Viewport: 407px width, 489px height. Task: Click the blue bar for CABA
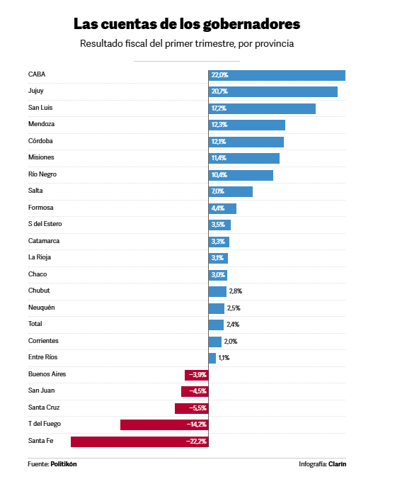pos(277,75)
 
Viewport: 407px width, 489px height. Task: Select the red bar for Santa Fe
pos(139,442)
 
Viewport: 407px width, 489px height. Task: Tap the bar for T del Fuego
pos(164,425)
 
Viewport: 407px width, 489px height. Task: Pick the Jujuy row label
pos(36,91)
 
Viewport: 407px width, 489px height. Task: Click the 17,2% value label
pos(219,108)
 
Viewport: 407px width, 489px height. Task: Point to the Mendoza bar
pos(247,125)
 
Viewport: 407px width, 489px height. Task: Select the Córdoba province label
pos(40,140)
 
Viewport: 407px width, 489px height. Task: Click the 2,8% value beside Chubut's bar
pos(236,291)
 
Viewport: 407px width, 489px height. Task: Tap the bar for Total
pos(216,325)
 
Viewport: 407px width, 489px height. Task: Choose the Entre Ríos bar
pos(212,358)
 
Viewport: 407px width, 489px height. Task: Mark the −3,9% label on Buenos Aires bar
pos(197,375)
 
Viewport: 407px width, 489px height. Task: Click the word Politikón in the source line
pos(64,464)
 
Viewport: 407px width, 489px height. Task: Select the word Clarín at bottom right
pos(337,464)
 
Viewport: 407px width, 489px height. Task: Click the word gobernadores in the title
pos(251,24)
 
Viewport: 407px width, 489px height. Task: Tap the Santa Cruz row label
pos(44,407)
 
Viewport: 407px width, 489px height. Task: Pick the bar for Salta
pos(231,192)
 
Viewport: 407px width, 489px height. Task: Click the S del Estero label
pos(45,224)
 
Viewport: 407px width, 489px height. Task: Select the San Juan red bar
pos(195,391)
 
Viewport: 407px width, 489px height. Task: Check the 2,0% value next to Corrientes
pos(231,342)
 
